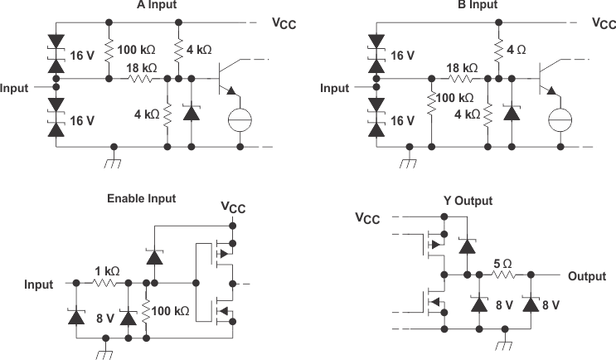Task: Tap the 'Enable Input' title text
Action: point(141,199)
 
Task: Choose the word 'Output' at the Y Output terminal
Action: point(589,276)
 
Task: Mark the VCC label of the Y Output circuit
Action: point(368,218)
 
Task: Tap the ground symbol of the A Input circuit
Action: point(110,159)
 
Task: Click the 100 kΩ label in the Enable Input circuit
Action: point(171,311)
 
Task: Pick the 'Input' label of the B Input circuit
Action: point(335,88)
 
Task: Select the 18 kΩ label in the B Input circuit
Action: point(463,67)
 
